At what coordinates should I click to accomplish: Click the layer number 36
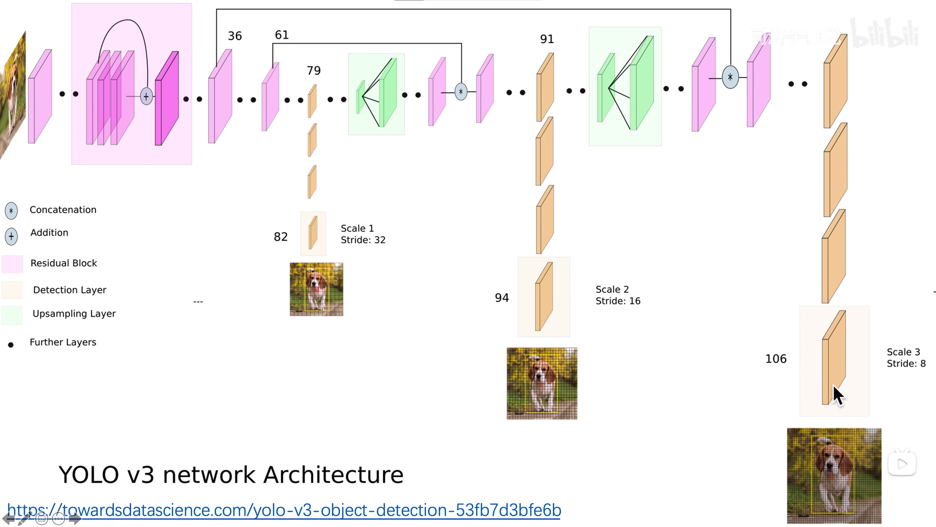(234, 36)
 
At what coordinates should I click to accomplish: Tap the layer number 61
(282, 35)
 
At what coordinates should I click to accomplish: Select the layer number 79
(313, 71)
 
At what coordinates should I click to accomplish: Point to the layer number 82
(280, 237)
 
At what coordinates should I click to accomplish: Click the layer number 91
(547, 39)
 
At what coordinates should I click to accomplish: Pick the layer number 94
(502, 298)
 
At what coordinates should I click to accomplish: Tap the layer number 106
(776, 359)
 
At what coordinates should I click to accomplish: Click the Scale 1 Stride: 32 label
(363, 234)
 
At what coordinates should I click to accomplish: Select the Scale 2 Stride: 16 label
(618, 295)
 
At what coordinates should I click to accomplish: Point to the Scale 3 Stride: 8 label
(906, 358)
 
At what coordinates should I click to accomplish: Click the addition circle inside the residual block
(146, 97)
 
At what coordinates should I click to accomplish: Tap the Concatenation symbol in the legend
(11, 211)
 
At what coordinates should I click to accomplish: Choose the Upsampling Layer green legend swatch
(12, 315)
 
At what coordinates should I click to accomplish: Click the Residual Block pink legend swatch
(12, 264)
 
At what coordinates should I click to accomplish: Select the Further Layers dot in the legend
(11, 345)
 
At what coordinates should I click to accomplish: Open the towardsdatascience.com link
(284, 510)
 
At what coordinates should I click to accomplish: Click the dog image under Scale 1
(316, 289)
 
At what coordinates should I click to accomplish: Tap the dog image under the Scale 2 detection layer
(542, 384)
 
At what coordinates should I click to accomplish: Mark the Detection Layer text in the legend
(69, 290)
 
